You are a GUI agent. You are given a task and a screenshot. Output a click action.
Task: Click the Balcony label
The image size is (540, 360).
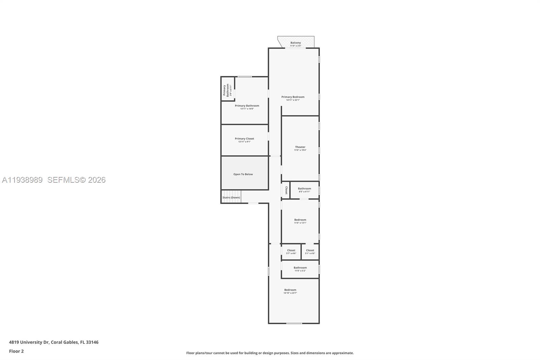coord(295,43)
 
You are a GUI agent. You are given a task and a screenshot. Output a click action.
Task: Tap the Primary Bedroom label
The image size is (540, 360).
coord(293,97)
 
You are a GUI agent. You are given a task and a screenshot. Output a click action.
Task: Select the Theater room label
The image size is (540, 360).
coord(300,147)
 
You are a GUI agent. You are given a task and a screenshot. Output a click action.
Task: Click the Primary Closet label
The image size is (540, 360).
coord(244,138)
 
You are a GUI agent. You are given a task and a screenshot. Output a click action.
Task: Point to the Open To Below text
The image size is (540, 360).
coord(243,174)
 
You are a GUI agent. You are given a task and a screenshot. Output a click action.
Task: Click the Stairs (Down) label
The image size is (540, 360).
coord(231,198)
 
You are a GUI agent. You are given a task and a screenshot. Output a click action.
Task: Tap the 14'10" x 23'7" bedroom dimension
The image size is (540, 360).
coord(290,293)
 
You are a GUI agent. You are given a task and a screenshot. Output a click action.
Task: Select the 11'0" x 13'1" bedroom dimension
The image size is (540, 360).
coord(300,223)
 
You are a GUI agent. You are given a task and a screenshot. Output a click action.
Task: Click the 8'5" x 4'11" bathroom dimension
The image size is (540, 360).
coord(304,191)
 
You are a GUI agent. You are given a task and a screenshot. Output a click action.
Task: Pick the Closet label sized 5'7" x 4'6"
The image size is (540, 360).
coord(291,251)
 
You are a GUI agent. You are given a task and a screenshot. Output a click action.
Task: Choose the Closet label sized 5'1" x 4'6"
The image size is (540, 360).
coord(310,251)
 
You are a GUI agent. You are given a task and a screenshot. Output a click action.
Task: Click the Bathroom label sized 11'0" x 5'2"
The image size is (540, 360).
coord(300,268)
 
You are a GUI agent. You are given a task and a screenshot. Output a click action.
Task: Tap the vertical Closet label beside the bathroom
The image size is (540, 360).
coord(286,190)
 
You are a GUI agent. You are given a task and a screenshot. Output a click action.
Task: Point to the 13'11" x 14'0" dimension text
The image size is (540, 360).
coord(247,109)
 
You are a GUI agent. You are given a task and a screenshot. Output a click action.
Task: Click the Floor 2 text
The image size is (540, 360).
coord(16,351)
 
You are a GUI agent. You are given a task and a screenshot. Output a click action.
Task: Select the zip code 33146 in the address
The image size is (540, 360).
coord(92,342)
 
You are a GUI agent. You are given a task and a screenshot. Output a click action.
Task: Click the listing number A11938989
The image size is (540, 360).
coord(22,180)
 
